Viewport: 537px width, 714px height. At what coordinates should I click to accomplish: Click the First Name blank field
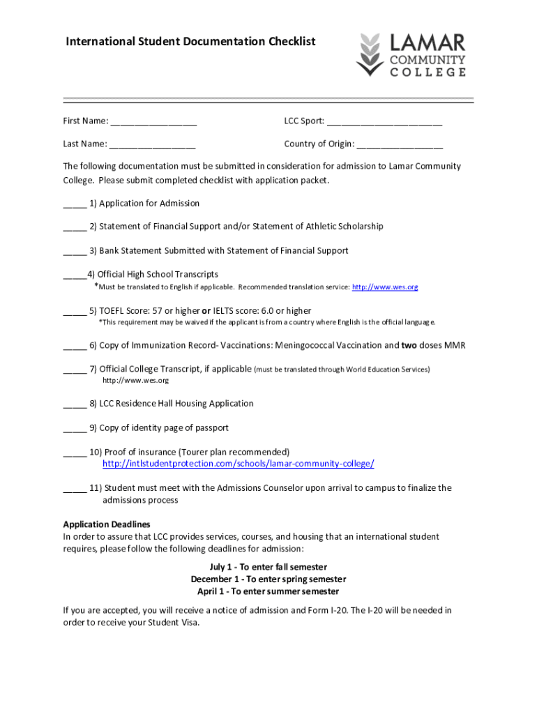(x=153, y=122)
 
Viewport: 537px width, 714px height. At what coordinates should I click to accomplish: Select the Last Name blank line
(x=152, y=145)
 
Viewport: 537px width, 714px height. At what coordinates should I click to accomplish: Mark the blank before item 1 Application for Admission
(x=75, y=204)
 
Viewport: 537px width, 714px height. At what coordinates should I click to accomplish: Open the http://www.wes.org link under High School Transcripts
(x=385, y=287)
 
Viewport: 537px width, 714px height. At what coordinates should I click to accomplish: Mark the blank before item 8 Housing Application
(x=75, y=404)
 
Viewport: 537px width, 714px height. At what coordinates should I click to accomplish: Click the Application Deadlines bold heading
(x=107, y=524)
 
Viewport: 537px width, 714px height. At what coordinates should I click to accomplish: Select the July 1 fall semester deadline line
(x=268, y=568)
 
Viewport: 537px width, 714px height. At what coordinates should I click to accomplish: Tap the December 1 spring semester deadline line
(x=268, y=579)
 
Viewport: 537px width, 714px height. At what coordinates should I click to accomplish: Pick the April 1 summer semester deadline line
(x=268, y=591)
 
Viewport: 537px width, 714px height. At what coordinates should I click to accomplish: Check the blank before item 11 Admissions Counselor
(x=75, y=489)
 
